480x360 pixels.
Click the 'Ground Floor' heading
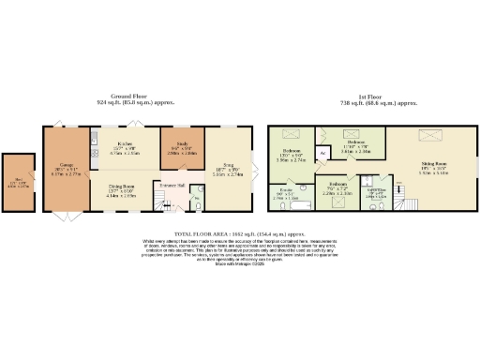(130, 97)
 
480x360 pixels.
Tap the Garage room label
(56, 162)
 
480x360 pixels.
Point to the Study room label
(174, 146)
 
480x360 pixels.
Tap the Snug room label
(225, 164)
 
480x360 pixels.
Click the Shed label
(18, 181)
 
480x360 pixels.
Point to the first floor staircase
(405, 202)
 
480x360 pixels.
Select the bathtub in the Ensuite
(281, 202)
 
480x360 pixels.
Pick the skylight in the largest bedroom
(287, 138)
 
